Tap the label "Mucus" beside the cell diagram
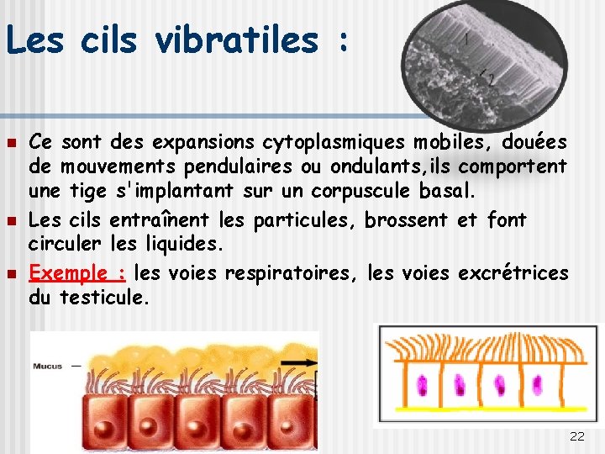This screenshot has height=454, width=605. tap(47, 366)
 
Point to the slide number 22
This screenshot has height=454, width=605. tap(576, 436)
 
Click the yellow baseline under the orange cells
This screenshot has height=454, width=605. tap(487, 421)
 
